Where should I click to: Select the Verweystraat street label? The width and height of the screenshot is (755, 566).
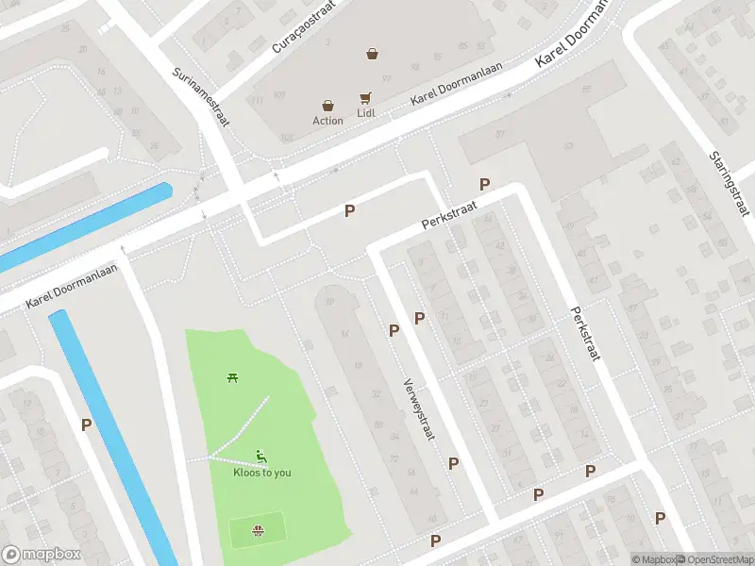click(416, 411)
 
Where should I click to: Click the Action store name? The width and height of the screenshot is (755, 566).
click(328, 121)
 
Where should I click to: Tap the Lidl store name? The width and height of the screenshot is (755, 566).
click(366, 113)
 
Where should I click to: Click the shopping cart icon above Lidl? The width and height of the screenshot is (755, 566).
click(365, 98)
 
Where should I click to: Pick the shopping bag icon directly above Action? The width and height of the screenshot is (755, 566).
click(327, 106)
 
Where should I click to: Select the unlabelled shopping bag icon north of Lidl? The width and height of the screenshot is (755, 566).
click(373, 54)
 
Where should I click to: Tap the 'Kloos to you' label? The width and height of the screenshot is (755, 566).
click(262, 473)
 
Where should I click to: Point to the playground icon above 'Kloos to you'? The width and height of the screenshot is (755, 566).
click(260, 457)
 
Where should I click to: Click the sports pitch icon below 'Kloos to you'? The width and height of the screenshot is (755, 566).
click(258, 531)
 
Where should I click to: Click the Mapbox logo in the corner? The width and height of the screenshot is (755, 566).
click(42, 555)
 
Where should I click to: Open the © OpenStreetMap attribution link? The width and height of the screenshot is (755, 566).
click(713, 559)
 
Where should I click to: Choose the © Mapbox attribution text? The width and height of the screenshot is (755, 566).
click(653, 559)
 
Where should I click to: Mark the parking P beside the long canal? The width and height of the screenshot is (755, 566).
click(86, 425)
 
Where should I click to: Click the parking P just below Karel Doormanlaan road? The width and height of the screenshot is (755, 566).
click(349, 211)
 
